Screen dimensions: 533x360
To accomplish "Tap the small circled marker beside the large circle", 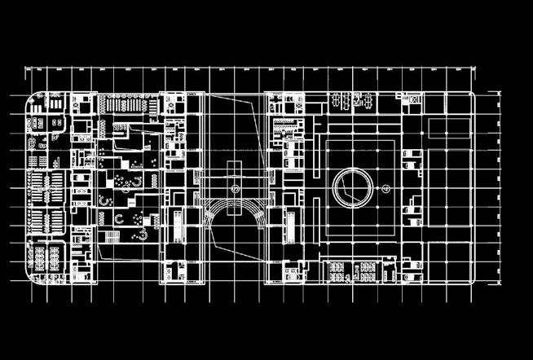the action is point(387,188).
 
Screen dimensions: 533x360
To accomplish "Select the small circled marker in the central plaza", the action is point(235,188).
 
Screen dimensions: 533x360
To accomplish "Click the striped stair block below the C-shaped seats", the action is point(112,236).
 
